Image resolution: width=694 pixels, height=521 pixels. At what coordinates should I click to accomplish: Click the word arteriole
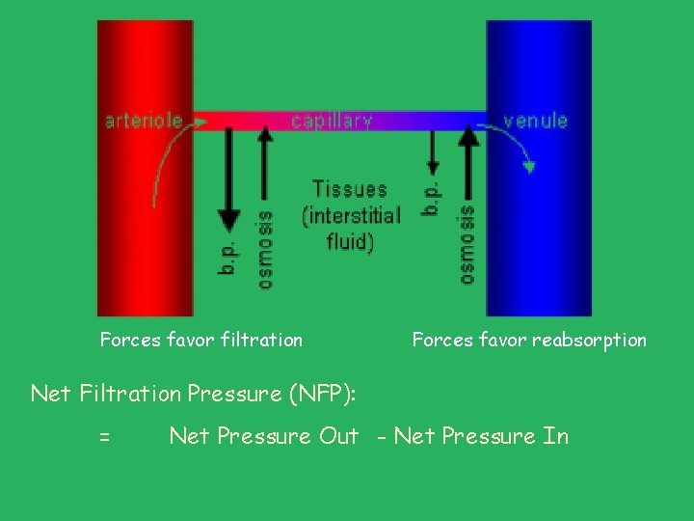(143, 121)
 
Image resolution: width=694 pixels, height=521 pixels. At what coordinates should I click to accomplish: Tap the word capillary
(332, 121)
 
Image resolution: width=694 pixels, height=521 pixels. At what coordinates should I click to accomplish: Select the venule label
(535, 121)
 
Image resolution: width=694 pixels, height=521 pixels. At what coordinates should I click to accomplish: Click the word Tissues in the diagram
(349, 189)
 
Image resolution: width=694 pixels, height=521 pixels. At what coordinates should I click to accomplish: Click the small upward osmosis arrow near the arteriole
(265, 164)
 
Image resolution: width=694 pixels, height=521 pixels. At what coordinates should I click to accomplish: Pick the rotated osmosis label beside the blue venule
(467, 243)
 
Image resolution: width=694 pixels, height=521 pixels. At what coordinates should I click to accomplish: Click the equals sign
(104, 437)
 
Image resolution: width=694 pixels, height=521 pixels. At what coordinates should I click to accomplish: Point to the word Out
(338, 436)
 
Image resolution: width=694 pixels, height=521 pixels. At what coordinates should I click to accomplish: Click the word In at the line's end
(556, 436)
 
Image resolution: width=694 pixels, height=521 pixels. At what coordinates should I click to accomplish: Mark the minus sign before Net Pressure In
(384, 437)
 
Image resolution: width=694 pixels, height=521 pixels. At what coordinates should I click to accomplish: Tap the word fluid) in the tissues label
(350, 240)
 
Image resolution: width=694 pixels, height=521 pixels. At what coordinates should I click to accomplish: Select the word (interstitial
(351, 215)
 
